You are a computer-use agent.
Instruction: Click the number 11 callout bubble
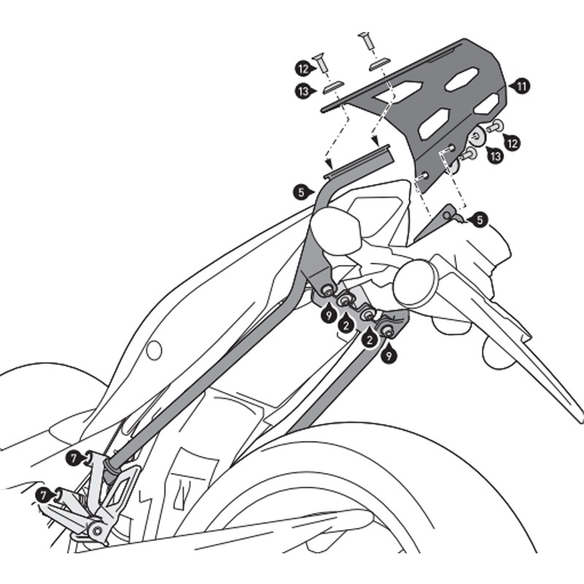tap(521, 85)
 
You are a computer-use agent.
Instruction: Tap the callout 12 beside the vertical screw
tap(303, 68)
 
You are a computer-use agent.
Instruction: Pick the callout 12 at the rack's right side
tap(512, 142)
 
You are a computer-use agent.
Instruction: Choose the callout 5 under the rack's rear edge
tap(477, 219)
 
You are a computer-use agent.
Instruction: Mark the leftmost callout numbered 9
tap(329, 315)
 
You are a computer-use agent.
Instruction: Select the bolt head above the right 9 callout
tap(387, 331)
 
